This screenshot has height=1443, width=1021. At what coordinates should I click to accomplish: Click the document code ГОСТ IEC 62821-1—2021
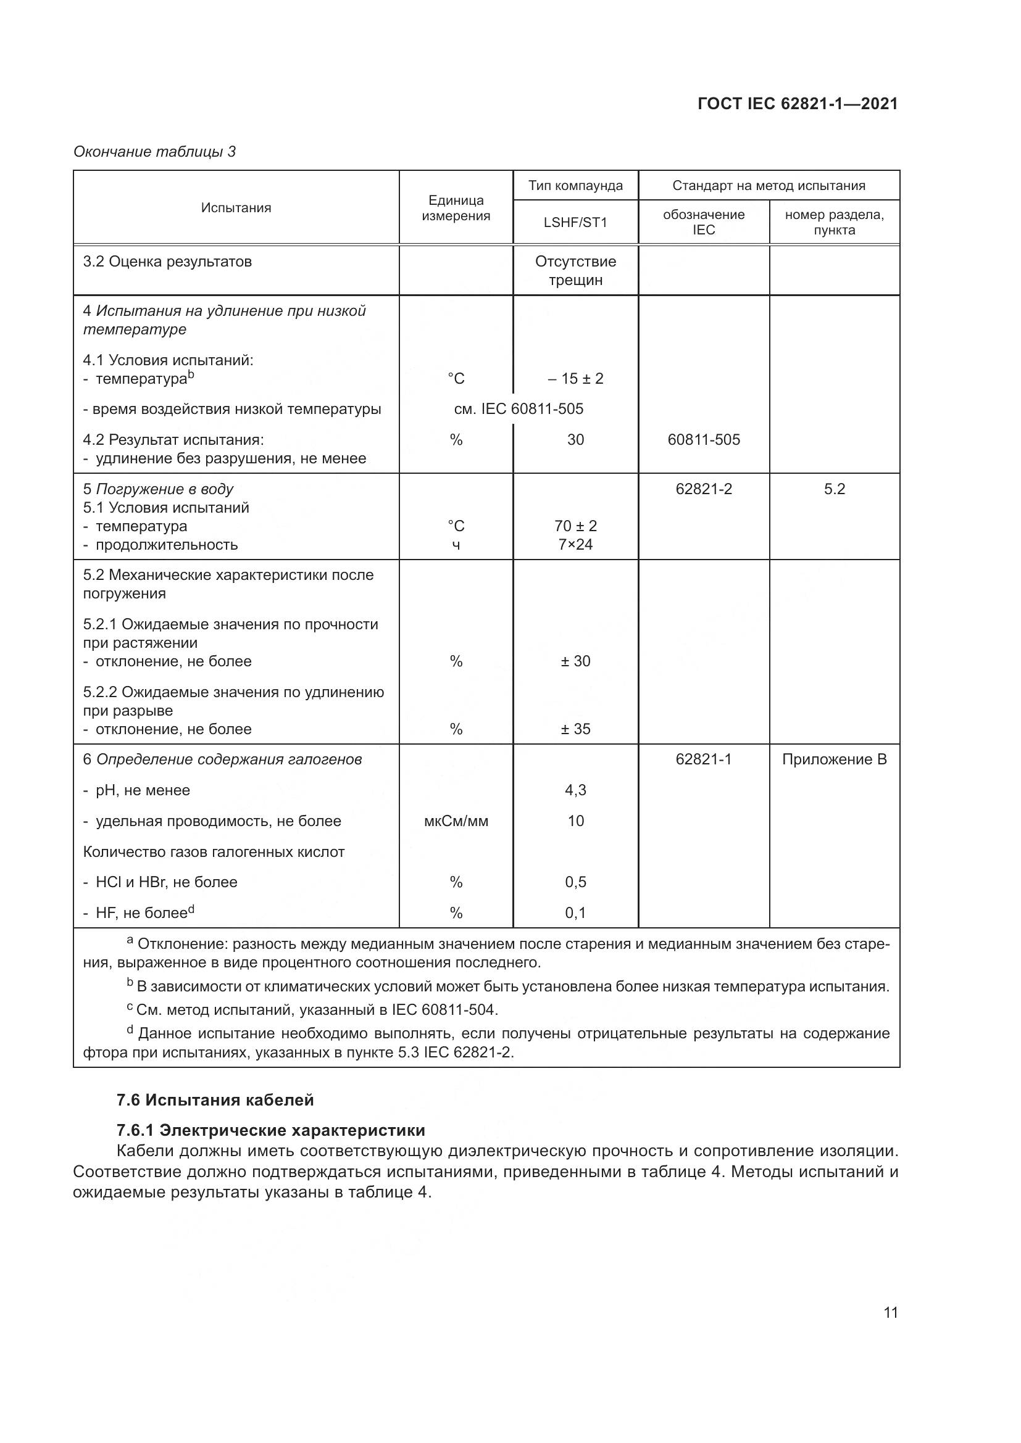797,104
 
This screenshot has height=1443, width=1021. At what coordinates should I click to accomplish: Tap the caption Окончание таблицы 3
155,152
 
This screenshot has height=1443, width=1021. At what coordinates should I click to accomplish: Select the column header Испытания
236,208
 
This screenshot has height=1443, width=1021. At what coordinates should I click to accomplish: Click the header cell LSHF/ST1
575,223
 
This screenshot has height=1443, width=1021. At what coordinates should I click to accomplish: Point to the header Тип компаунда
575,186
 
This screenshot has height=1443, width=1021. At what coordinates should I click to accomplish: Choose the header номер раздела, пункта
835,223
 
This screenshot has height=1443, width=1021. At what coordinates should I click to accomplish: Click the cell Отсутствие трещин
575,270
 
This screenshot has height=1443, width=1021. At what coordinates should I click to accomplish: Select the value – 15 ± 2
575,378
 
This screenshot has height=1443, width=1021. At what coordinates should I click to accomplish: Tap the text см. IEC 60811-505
519,409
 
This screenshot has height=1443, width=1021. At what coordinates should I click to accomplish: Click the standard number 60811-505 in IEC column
704,440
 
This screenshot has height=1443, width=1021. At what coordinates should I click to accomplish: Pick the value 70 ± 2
575,526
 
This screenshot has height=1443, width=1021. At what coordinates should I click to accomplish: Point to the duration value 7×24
575,544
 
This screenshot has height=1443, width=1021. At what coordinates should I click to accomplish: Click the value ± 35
575,729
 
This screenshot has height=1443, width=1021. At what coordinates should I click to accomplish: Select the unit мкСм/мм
456,821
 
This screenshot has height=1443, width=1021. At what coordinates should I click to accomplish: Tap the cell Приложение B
835,759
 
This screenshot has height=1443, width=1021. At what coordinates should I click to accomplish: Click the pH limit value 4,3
575,790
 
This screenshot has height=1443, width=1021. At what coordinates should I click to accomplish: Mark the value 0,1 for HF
575,912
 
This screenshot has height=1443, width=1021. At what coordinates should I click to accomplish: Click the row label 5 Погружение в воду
159,489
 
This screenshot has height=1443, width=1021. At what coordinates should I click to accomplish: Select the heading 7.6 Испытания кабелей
215,1100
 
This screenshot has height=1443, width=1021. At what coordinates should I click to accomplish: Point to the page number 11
890,1312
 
